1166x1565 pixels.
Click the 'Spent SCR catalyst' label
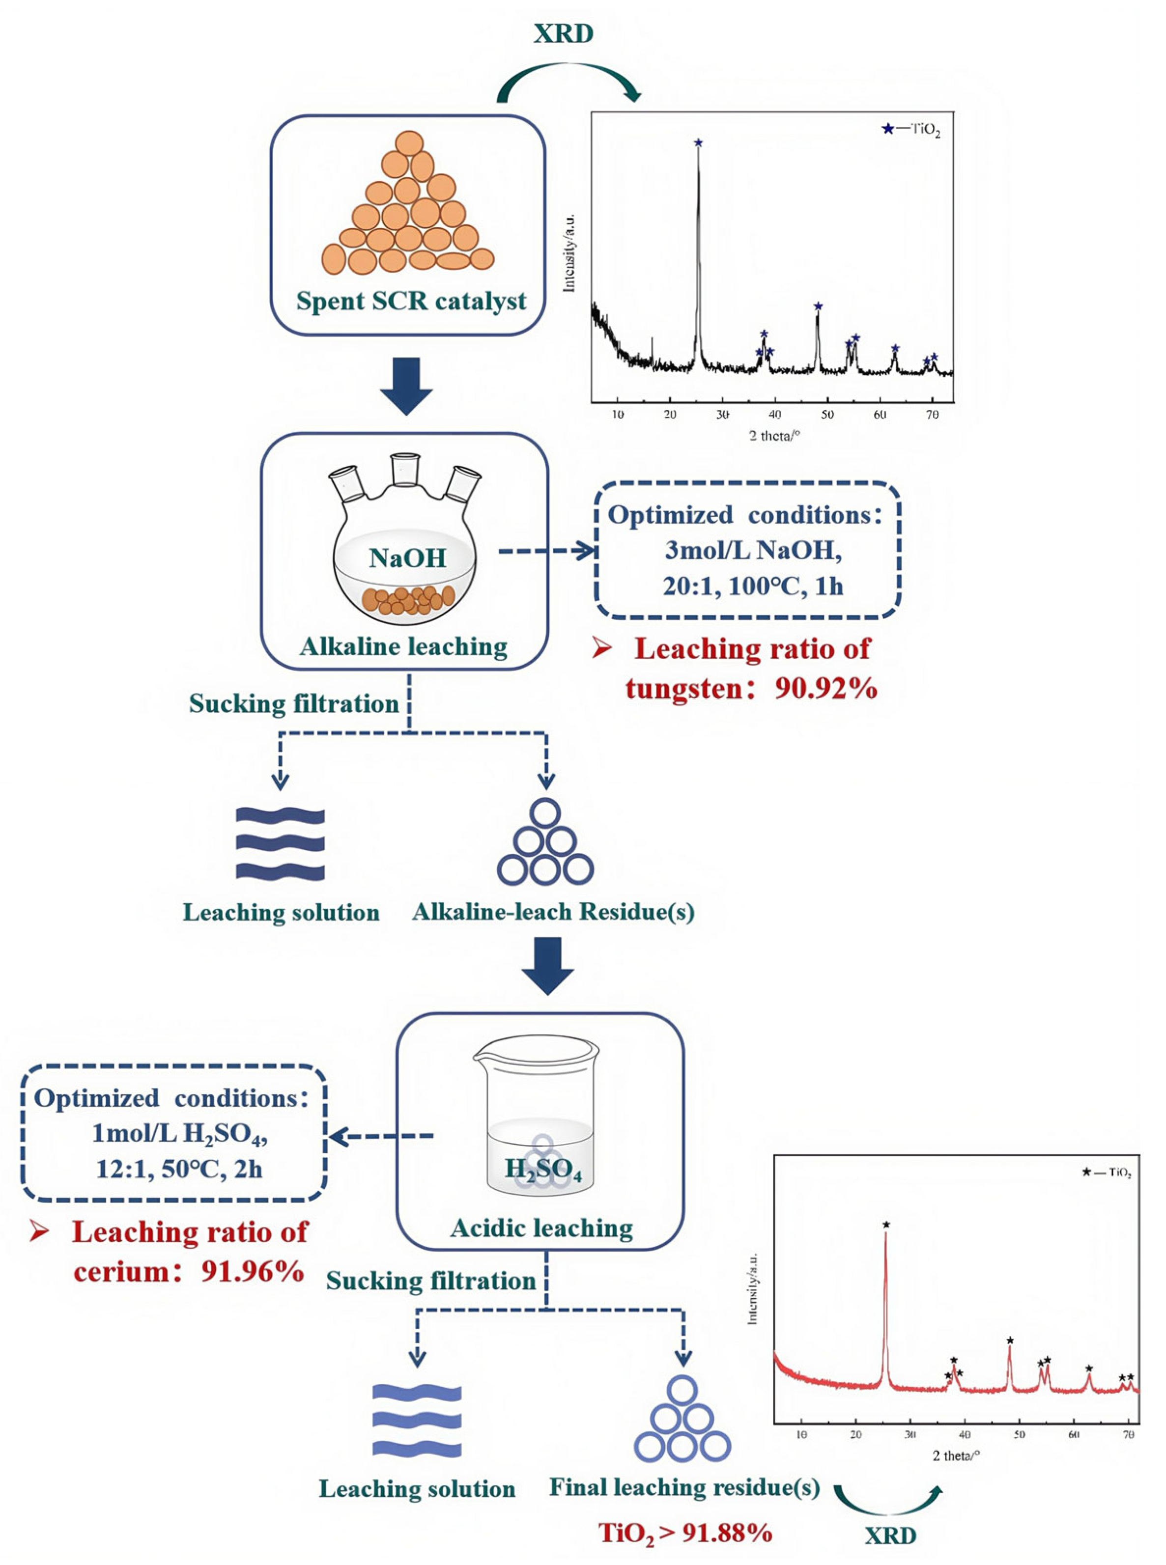[411, 301]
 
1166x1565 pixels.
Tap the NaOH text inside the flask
[407, 558]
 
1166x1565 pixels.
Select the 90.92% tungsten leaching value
[826, 688]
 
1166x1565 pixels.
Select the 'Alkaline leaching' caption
[404, 646]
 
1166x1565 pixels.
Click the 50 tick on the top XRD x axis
[827, 415]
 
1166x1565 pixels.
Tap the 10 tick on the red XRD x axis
[801, 1434]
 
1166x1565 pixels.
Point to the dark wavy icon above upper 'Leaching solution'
[280, 844]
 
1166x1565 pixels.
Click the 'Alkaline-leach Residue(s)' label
[553, 912]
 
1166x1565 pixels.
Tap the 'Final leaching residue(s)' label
[684, 1487]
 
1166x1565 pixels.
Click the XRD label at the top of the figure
[563, 33]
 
